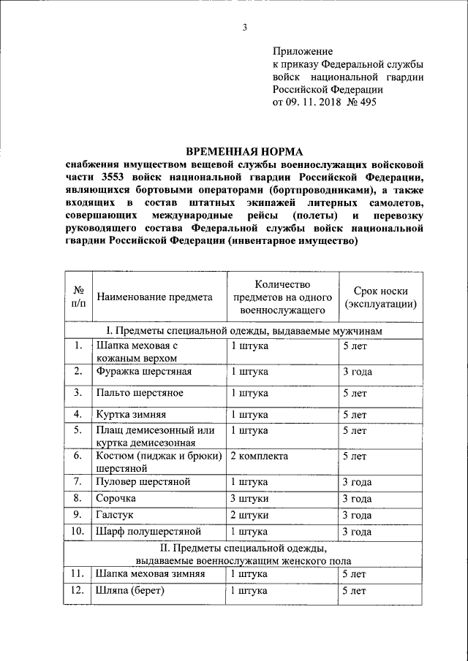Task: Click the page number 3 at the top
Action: pos(246,28)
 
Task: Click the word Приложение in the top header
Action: pos(302,52)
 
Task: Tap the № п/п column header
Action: pos(78,297)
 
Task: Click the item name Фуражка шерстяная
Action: pos(144,372)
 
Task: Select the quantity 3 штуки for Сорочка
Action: pos(250,499)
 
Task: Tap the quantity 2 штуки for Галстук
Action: pos(250,515)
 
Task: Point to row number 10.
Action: pos(78,531)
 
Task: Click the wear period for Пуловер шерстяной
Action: pos(357,481)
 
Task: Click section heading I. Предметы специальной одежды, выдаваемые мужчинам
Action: pos(244,331)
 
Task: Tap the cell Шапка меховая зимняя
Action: pos(150,574)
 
